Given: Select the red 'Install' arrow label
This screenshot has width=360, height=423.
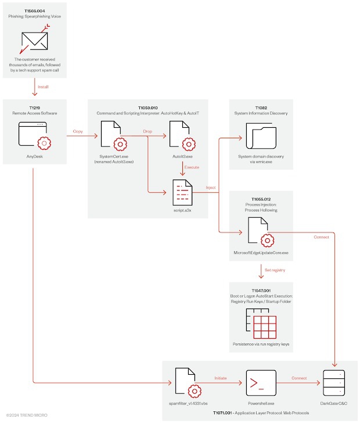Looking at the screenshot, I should [x=43, y=87].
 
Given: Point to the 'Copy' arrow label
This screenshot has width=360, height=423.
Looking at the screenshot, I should [x=78, y=131].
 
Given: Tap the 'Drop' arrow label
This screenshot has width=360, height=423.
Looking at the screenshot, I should [x=148, y=131].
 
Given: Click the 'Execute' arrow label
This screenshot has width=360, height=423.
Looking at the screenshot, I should [x=192, y=167].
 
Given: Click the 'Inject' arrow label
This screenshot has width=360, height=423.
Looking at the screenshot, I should [x=211, y=188].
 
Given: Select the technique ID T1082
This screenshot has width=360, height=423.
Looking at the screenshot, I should [x=262, y=107].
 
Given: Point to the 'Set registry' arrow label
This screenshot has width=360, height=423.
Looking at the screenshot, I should [x=275, y=270].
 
